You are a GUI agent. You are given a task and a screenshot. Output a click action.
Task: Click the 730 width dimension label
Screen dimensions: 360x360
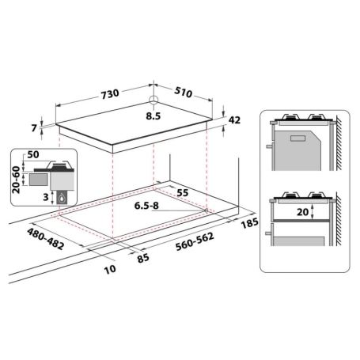coord(109,93)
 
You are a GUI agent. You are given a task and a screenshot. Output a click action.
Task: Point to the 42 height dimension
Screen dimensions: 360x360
coord(234,120)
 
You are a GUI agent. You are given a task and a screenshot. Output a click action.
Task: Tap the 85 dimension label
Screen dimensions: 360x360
coord(143,256)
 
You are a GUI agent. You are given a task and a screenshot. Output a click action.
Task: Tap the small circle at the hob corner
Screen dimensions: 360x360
coord(153,101)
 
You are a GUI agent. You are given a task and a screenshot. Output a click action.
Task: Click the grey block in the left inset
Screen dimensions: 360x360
coord(36,180)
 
